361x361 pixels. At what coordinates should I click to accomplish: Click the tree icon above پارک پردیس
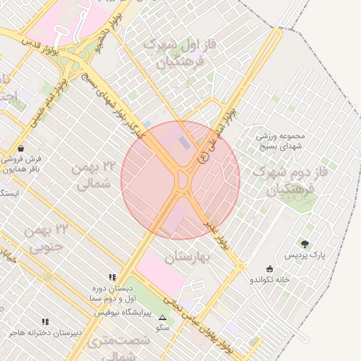point(305,244)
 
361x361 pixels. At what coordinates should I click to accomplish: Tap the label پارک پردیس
point(305,255)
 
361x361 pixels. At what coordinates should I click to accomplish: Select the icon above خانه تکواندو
point(269,269)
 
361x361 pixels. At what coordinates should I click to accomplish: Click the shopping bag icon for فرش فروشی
point(23,149)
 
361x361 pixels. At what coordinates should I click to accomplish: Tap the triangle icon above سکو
point(163,318)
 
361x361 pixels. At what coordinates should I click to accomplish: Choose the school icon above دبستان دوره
point(112,277)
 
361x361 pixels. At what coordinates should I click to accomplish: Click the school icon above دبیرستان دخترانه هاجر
point(46,322)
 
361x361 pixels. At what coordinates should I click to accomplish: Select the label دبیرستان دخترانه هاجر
point(46,332)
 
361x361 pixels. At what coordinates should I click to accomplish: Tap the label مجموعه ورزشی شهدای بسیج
point(281,140)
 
